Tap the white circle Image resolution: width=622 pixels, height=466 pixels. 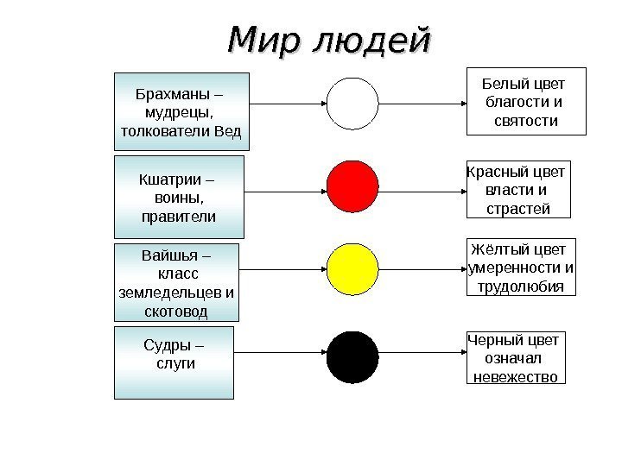(352, 103)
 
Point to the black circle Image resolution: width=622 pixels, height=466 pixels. (352, 357)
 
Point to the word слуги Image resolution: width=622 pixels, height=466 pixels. (175, 364)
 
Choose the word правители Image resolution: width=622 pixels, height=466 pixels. (179, 216)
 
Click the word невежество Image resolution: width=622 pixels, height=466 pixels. (515, 376)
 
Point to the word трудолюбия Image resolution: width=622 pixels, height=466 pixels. (521, 287)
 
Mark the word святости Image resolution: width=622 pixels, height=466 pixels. (526, 121)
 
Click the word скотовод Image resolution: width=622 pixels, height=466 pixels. (175, 311)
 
